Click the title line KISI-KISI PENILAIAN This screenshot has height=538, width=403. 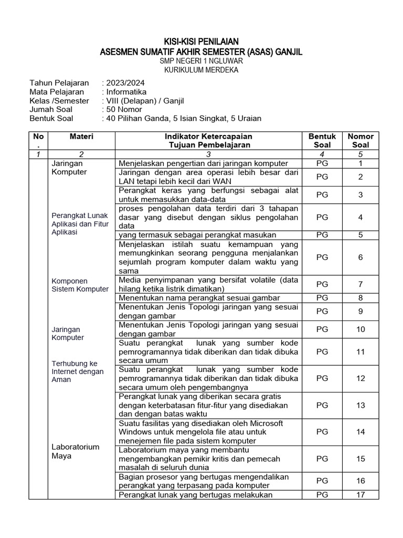click(x=201, y=42)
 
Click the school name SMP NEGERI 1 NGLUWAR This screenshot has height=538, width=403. click(x=201, y=61)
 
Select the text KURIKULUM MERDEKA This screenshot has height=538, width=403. click(x=201, y=70)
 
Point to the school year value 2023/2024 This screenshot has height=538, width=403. click(x=125, y=83)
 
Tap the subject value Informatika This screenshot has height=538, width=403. click(x=126, y=92)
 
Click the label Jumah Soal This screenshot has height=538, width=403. click(x=51, y=109)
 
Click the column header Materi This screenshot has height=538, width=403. click(x=81, y=137)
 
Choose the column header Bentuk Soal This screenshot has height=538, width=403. click(x=322, y=140)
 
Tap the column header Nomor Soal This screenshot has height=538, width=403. click(x=360, y=140)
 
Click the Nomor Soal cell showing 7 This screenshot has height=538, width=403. click(x=360, y=284)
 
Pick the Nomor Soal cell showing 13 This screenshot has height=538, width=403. click(x=360, y=405)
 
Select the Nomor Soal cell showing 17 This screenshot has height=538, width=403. click(x=360, y=494)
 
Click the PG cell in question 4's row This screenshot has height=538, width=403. click(x=322, y=217)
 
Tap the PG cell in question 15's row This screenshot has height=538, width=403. click(x=322, y=459)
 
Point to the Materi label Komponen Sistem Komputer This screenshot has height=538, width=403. click(x=80, y=285)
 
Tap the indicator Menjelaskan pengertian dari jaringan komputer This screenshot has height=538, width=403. click(x=203, y=163)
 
